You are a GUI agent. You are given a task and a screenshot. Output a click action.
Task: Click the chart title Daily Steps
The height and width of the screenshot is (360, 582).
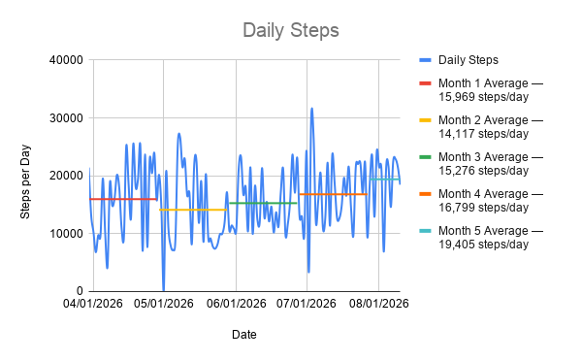tap(291, 30)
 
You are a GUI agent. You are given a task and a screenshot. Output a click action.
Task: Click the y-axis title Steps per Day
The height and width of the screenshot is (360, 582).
tap(25, 181)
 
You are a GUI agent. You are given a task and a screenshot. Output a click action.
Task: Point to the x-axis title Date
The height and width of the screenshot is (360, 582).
tap(244, 335)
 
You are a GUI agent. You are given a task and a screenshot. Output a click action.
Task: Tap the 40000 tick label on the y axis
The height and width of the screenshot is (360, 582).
tap(66, 60)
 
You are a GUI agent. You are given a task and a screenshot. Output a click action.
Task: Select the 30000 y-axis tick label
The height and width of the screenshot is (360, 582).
tap(66, 118)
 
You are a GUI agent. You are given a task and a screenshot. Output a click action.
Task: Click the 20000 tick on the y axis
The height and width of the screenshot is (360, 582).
tap(66, 176)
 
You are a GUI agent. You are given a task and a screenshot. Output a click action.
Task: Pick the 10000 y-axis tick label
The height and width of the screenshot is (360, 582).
tap(66, 234)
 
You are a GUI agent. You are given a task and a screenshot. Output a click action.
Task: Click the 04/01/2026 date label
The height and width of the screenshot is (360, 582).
tap(93, 304)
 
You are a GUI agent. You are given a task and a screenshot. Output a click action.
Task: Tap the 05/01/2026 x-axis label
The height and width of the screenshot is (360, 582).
tap(164, 304)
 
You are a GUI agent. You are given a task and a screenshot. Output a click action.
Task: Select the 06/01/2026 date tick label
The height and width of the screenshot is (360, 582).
tap(237, 304)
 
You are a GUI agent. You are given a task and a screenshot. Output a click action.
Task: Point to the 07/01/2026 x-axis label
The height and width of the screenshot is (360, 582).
tap(307, 304)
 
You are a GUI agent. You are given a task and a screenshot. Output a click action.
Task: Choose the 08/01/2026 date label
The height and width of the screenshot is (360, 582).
tap(379, 304)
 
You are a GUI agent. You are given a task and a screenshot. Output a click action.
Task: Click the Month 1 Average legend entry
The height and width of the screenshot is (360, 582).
tap(481, 90)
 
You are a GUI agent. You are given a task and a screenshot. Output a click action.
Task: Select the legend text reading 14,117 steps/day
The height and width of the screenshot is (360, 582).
tap(484, 134)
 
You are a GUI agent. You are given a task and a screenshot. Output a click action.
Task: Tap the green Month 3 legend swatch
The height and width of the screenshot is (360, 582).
tap(426, 157)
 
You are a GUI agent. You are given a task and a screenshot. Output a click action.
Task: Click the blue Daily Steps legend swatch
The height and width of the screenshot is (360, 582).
tap(426, 60)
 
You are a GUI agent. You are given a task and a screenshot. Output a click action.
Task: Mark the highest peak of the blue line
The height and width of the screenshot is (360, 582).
tap(311, 109)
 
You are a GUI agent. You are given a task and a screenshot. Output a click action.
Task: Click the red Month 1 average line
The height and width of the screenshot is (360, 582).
tap(123, 199)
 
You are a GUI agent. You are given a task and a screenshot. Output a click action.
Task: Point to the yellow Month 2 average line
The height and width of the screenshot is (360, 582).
tap(193, 210)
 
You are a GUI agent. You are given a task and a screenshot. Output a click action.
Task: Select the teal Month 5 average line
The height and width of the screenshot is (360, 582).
tap(384, 180)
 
